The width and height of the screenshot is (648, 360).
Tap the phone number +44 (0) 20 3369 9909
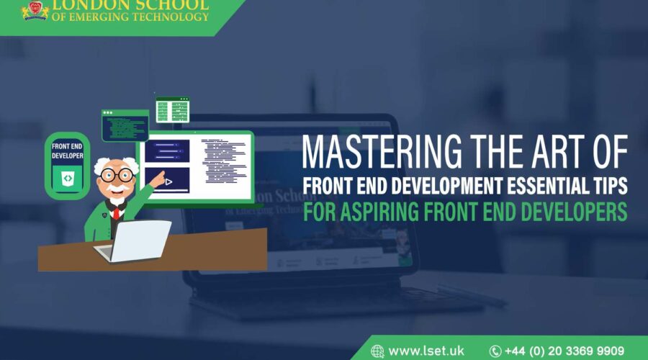pyautogui.click(x=564, y=351)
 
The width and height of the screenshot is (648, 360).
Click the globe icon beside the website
pyautogui.click(x=377, y=351)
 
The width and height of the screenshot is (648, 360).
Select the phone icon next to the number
pyautogui.click(x=495, y=351)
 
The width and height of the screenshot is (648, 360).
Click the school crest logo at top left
pyautogui.click(x=31, y=9)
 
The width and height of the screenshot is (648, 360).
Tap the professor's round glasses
pyautogui.click(x=117, y=176)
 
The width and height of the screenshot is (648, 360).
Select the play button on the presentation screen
pyautogui.click(x=168, y=182)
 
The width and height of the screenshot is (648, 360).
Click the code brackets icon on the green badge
pyautogui.click(x=68, y=177)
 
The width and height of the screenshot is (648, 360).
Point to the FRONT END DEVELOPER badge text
pyautogui.click(x=68, y=150)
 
